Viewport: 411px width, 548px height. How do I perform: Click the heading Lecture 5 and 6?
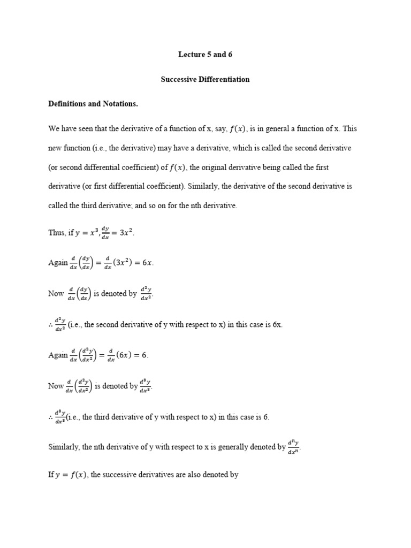pyautogui.click(x=205, y=54)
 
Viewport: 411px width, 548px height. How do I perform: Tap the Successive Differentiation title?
pyautogui.click(x=205, y=79)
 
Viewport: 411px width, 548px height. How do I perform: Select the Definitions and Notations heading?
pyautogui.click(x=93, y=104)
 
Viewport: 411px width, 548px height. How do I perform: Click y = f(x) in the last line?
pyautogui.click(x=72, y=474)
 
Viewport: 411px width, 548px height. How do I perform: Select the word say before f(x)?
pyautogui.click(x=219, y=128)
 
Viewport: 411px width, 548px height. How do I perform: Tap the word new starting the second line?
pyautogui.click(x=55, y=148)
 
